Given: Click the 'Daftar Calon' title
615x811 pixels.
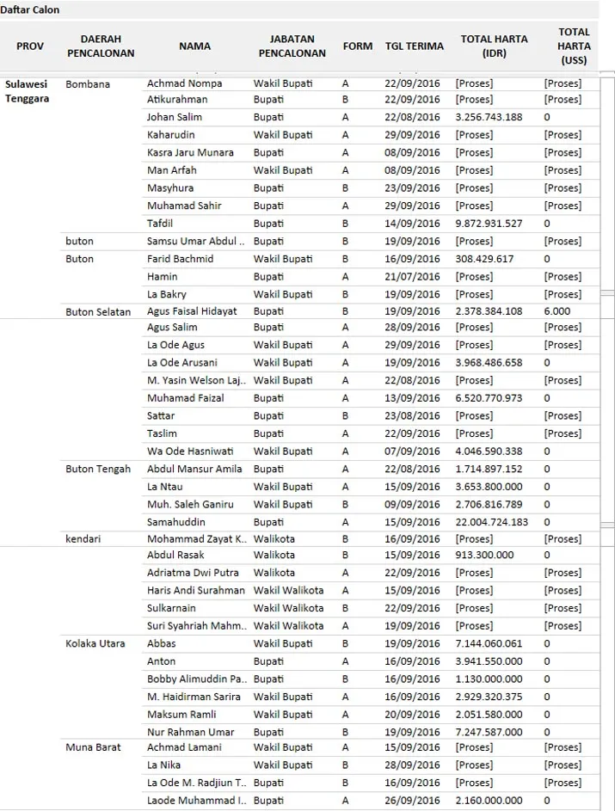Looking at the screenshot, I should [x=30, y=9].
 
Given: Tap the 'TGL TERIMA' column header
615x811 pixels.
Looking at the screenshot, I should [x=414, y=46].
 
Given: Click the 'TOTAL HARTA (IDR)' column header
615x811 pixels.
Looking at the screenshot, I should [x=494, y=46].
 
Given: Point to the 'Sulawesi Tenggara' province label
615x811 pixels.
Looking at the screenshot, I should [x=27, y=91].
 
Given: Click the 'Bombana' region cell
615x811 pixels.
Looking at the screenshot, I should [x=88, y=84].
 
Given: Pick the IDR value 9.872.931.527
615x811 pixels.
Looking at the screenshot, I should [x=489, y=224].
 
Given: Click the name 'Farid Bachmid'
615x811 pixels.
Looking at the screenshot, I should [x=180, y=259].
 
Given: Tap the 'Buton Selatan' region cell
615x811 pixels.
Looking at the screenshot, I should [x=98, y=312].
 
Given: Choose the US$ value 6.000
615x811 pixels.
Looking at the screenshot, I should [x=557, y=311].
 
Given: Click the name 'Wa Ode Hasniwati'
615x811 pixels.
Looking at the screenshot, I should [x=190, y=452].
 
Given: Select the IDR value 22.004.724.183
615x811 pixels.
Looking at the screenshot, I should [x=492, y=522].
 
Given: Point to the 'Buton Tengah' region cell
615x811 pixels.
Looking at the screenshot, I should [x=98, y=470].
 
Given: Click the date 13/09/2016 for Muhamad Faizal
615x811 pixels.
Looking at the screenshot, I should [x=412, y=398].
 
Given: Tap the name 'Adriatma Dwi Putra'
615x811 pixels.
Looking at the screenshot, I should [x=193, y=573].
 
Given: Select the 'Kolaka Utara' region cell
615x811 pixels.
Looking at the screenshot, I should [x=95, y=644].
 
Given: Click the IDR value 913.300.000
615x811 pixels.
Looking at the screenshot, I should [x=484, y=556].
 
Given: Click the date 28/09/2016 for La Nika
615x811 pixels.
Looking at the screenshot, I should [x=412, y=765].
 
